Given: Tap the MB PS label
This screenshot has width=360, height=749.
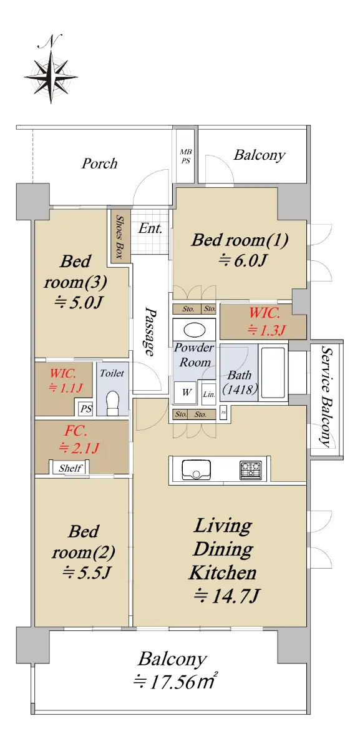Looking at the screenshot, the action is (186, 157).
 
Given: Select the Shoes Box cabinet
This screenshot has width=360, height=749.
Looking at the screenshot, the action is (119, 236).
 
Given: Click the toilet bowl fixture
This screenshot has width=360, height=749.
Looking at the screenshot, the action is (112, 403).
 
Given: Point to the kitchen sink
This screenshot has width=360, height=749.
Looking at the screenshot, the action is (196, 469).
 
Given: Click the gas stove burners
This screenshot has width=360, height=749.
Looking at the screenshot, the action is (250, 469).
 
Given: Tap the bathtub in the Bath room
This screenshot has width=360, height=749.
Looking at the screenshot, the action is (273, 372).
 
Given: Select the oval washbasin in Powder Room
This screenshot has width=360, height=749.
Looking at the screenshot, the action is (194, 330).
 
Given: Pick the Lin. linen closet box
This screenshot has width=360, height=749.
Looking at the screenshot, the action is (208, 394).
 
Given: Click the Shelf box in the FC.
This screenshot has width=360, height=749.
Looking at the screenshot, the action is (70, 468).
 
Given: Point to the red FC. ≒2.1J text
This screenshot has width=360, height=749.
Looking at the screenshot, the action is (78, 439).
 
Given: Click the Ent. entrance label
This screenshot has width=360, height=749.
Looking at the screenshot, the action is (150, 228).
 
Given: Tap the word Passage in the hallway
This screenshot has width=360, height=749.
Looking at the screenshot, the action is (150, 331).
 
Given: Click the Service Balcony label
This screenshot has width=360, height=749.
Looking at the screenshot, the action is (327, 396).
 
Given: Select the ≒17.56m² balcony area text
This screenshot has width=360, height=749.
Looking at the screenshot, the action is (175, 681).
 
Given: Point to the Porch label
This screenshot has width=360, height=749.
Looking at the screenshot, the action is (100, 164).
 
